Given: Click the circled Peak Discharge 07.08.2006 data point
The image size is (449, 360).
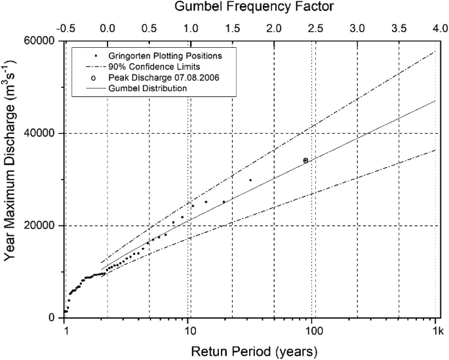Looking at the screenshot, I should point(305,160).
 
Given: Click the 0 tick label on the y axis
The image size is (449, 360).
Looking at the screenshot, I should point(55,318).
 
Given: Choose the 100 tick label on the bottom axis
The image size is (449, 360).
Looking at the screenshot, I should point(313,330).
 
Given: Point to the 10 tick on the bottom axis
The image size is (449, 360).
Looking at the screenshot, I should point(188,330).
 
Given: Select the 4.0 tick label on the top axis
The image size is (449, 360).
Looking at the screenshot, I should point(436,29).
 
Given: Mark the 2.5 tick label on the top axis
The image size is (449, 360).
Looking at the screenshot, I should point(315,29).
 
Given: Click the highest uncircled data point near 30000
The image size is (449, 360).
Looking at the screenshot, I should point(250,180).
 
